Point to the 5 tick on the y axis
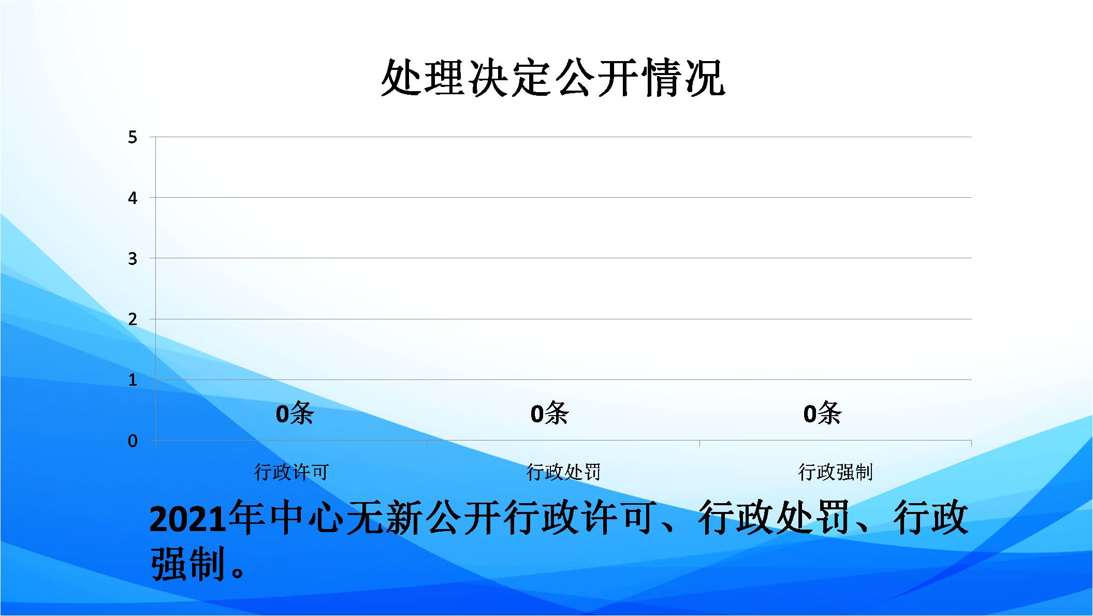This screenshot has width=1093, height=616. pyautogui.click(x=133, y=137)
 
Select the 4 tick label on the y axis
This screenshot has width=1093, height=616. pyautogui.click(x=133, y=198)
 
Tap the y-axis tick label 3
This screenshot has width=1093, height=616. pyautogui.click(x=133, y=258)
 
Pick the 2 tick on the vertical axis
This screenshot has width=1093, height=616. pyautogui.click(x=133, y=319)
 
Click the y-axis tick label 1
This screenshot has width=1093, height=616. pyautogui.click(x=133, y=380)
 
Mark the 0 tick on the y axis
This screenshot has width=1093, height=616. pyautogui.click(x=133, y=441)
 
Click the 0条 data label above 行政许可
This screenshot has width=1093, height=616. pyautogui.click(x=295, y=413)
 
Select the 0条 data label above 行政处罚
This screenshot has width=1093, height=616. pyautogui.click(x=549, y=413)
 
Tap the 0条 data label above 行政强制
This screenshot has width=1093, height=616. pyautogui.click(x=822, y=413)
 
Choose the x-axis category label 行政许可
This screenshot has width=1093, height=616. pyautogui.click(x=292, y=472)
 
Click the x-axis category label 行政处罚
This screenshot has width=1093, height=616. pyautogui.click(x=564, y=472)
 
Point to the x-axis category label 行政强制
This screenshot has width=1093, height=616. pyautogui.click(x=836, y=472)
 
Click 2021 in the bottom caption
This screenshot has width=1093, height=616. pyautogui.click(x=188, y=519)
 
